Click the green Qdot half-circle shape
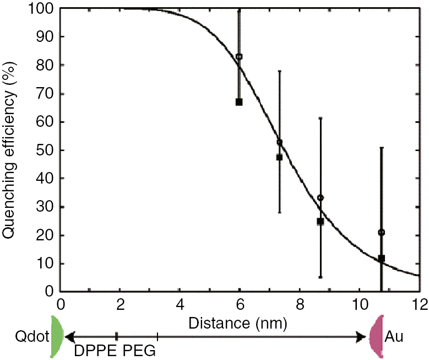57,336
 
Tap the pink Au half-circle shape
377,336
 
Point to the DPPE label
95,351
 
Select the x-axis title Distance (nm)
237,323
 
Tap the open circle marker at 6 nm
239,57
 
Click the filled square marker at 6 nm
239,102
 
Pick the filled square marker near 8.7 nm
321,222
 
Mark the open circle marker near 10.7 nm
381,232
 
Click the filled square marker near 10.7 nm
381,258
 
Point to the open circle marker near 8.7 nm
321,197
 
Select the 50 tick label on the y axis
46,151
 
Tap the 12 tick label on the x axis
419,304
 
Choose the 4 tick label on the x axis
180,304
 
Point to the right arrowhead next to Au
363,336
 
